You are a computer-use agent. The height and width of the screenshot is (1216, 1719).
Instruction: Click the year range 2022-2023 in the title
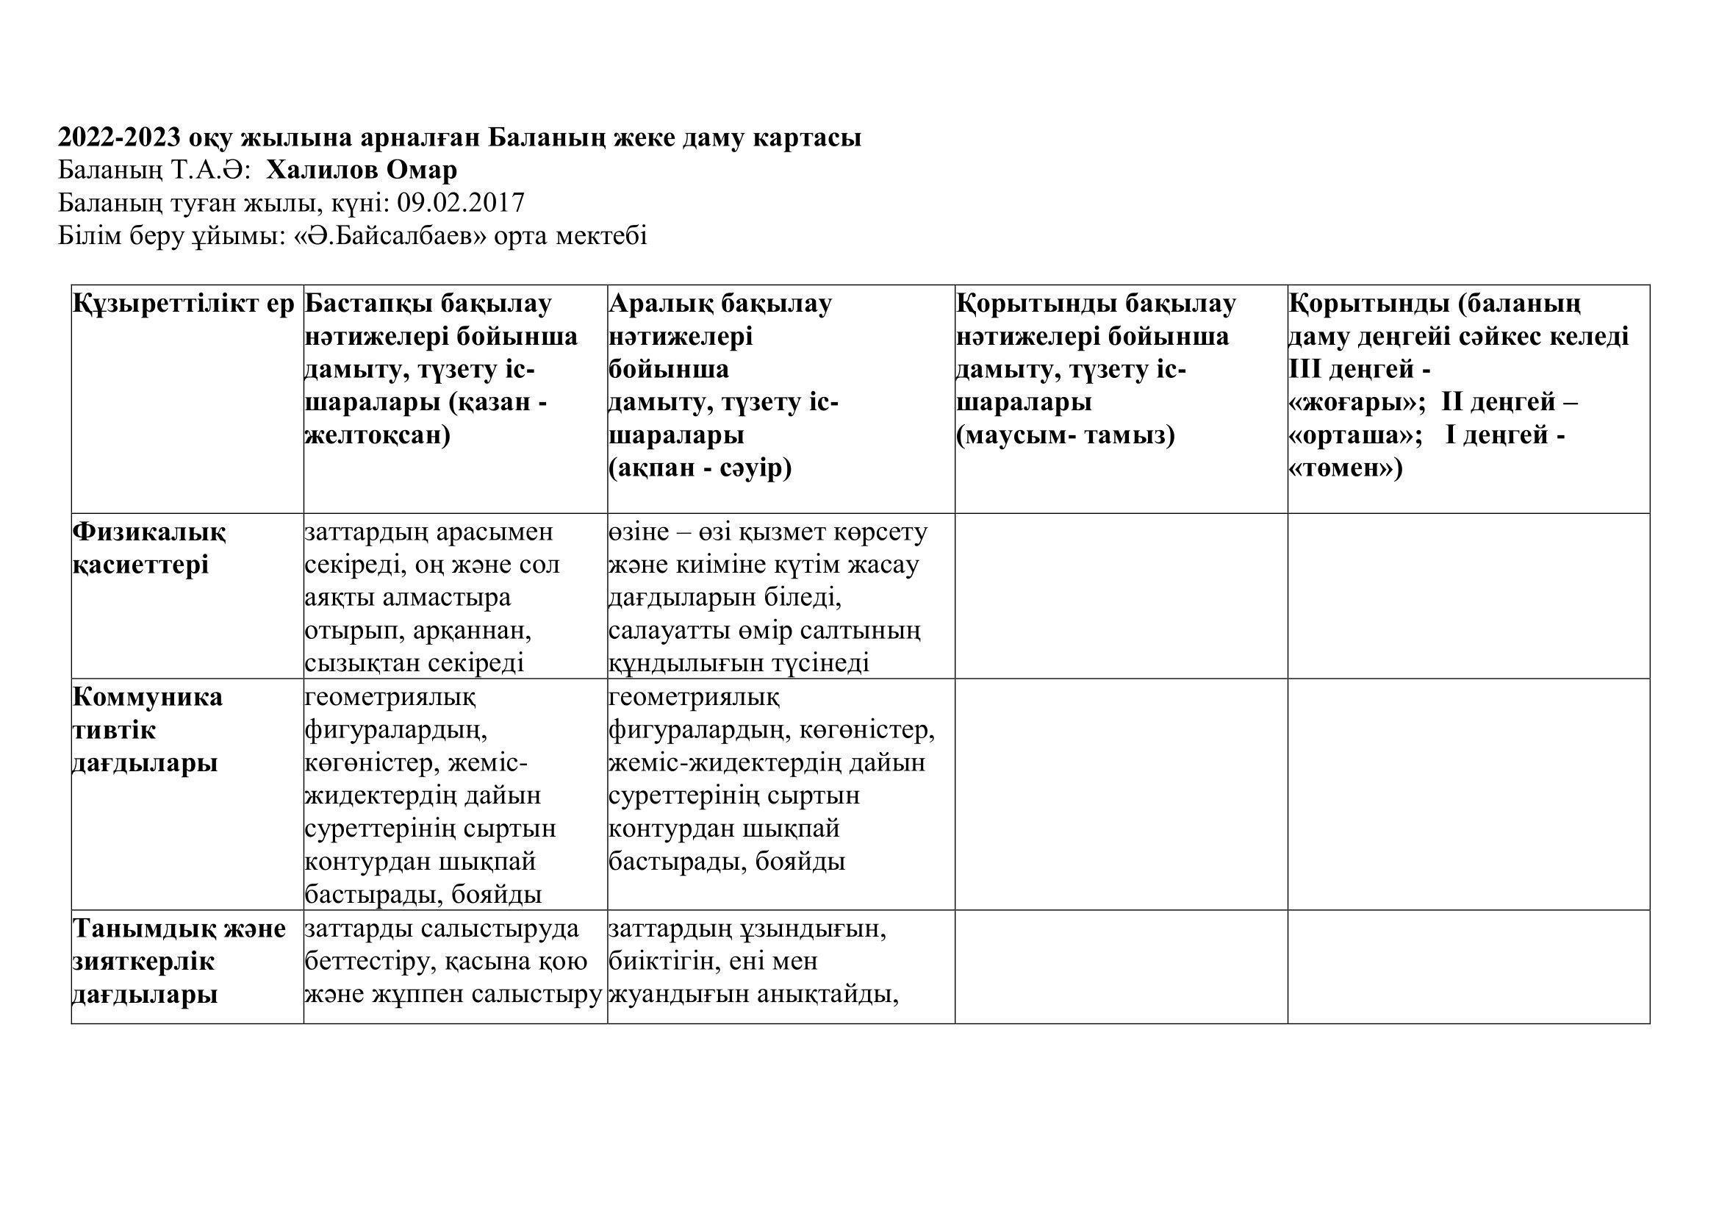(x=120, y=137)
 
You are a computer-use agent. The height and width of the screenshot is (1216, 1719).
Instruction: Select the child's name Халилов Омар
(x=362, y=171)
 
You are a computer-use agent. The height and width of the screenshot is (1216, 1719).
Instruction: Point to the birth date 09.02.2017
(x=461, y=203)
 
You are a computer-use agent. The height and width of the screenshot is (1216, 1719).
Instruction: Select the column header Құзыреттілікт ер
(x=184, y=304)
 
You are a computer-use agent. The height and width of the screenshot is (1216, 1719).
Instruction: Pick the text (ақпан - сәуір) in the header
(x=700, y=469)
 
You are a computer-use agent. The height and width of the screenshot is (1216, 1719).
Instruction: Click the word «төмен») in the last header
(x=1346, y=469)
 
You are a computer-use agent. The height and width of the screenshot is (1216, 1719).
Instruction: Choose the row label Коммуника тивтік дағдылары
(x=148, y=730)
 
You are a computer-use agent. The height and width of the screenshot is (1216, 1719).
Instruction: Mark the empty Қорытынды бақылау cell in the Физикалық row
(x=1121, y=596)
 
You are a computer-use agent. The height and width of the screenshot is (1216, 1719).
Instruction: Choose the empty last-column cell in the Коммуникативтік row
(x=1468, y=795)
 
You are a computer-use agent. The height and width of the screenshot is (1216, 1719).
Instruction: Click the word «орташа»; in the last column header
(x=1354, y=436)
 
